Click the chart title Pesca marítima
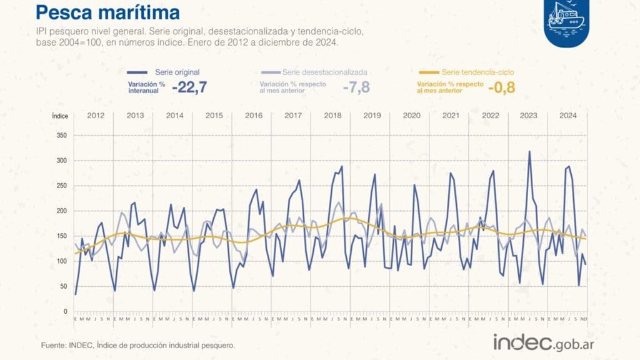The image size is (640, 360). coord(107,12)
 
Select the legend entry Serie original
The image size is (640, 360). coord(177,72)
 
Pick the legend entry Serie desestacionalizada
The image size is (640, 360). coord(324,72)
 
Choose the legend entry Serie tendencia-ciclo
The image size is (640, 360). coord(478,72)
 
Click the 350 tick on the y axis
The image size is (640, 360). coord(61,136)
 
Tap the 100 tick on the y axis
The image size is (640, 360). coord(61,261)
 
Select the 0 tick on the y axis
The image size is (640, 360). coord(64,311)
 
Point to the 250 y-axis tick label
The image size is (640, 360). coord(61,186)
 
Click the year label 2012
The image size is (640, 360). coord(96,116)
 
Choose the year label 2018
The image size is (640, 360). coord(332,116)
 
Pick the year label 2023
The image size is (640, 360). coord(529,116)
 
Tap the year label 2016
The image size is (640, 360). coord(254,116)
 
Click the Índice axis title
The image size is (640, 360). coord(60,116)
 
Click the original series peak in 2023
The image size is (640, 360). coord(529,151)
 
